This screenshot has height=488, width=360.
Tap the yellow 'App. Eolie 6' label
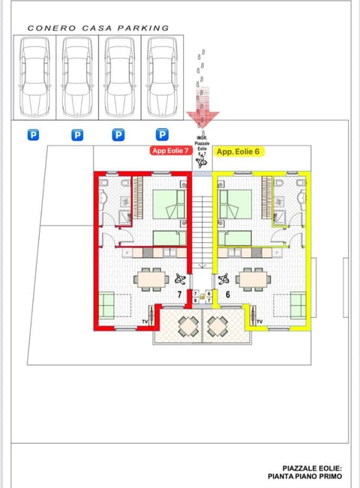tap(239, 151)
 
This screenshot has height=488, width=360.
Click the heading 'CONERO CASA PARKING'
tap(98, 28)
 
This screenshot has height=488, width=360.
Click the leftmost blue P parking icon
tap(33, 135)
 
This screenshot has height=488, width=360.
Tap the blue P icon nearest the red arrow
tap(161, 135)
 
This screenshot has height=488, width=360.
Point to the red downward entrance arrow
tap(203, 116)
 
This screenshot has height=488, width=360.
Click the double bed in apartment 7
tap(169, 204)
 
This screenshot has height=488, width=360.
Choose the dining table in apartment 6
tap(253, 279)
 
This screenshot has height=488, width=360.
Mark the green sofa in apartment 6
tap(298, 304)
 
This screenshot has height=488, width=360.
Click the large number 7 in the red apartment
tap(180, 295)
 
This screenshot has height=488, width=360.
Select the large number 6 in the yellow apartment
tap(227, 295)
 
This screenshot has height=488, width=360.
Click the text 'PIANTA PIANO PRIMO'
tap(304, 476)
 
